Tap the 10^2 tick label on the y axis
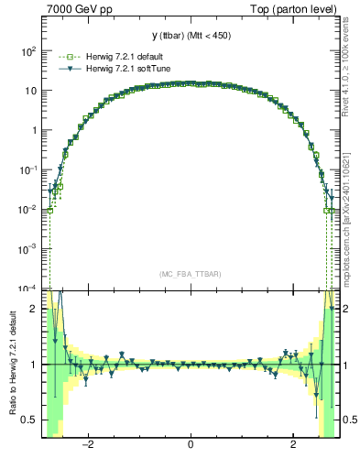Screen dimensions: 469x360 (28, 51)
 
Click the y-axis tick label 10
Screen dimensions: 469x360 (30, 91)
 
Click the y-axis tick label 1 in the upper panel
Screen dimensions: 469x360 (35, 130)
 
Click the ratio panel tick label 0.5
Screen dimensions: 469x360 (30, 420)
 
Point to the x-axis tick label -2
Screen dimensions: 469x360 (87, 447)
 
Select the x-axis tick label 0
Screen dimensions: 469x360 (191, 447)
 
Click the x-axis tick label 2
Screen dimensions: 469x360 (293, 447)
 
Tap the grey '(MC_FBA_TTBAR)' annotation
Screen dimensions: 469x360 (190, 274)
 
